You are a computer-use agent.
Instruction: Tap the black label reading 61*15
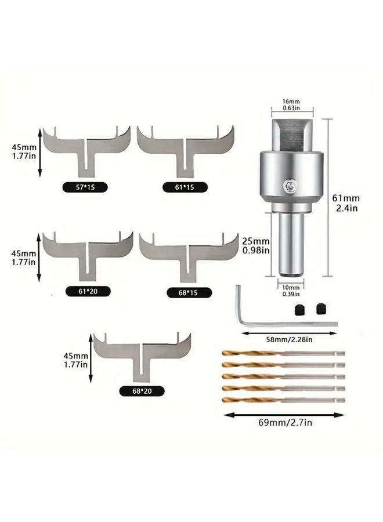coord(185,187)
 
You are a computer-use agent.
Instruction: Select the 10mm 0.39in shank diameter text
coord(291,290)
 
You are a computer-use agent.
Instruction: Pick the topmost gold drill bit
coord(284,354)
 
